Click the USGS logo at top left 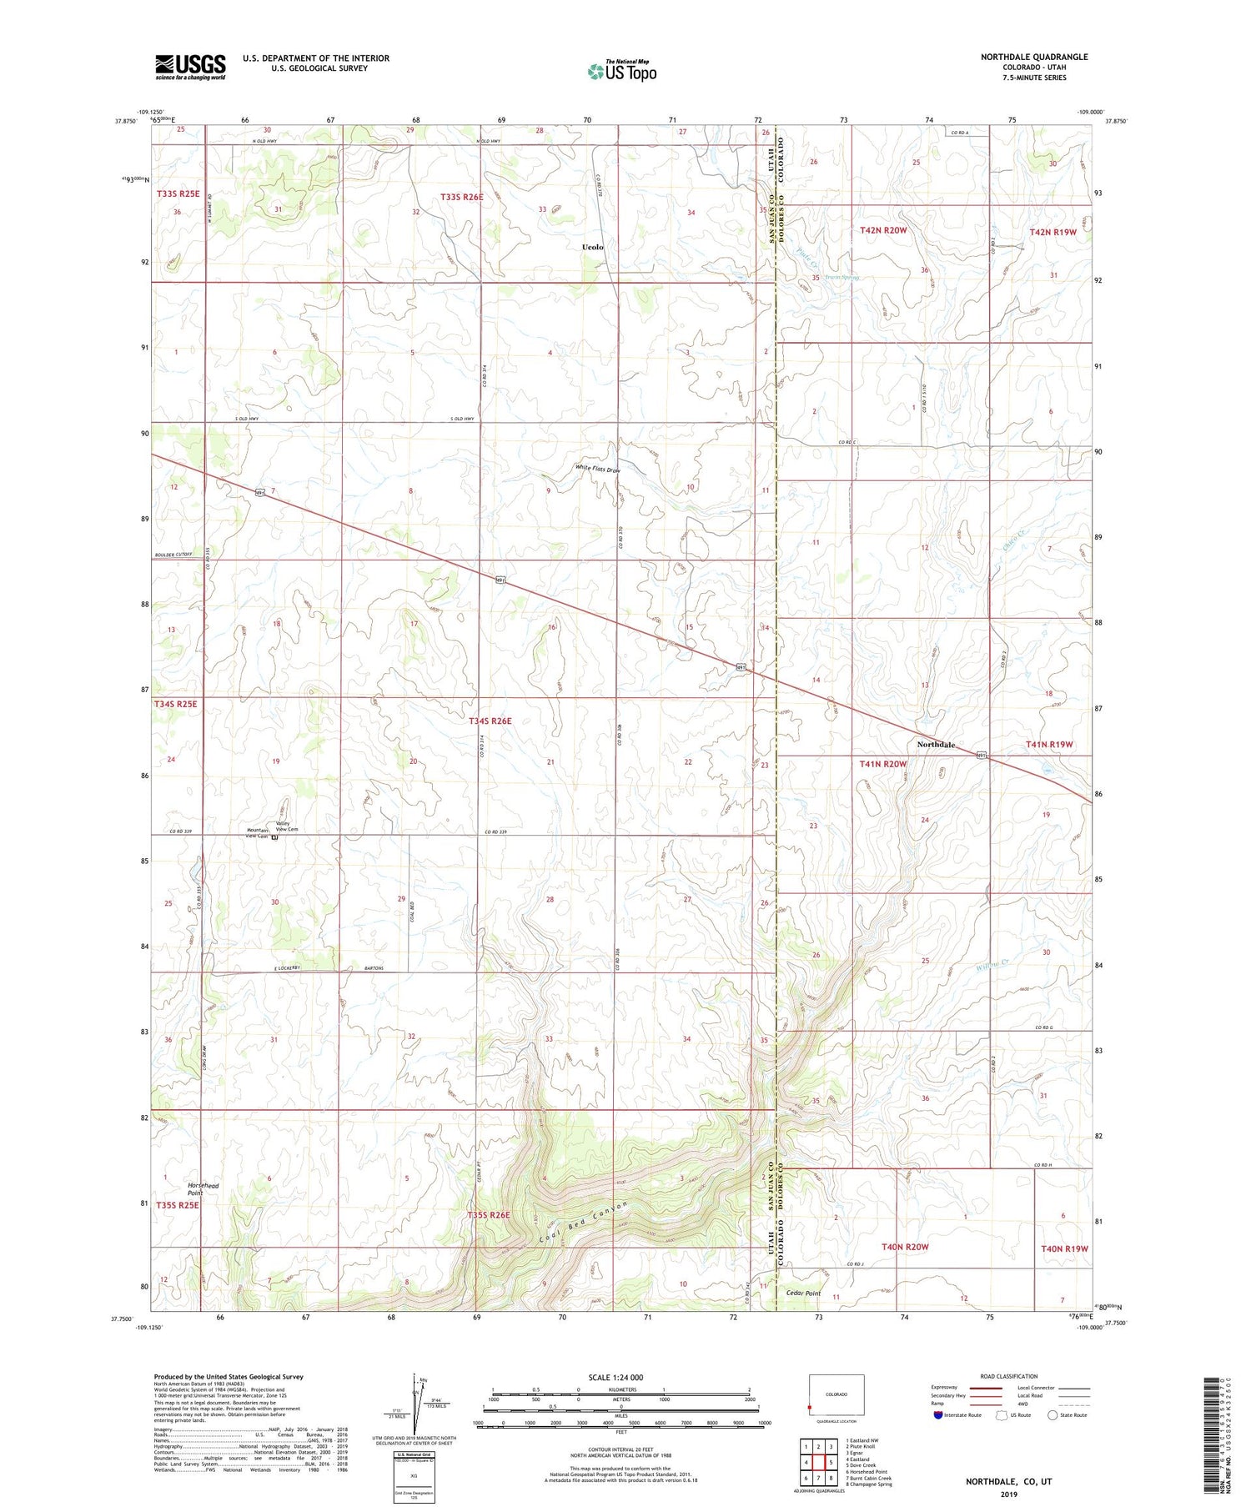(190, 67)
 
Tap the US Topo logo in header (622, 72)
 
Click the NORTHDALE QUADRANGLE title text (1033, 57)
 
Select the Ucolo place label (592, 247)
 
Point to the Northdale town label (936, 744)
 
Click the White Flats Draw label (598, 469)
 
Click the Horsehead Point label (203, 1189)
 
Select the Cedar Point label (803, 1293)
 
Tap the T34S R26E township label (490, 721)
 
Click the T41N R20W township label (882, 763)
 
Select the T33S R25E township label (178, 193)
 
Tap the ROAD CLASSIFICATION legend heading (1009, 1376)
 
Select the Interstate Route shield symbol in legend (939, 1415)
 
